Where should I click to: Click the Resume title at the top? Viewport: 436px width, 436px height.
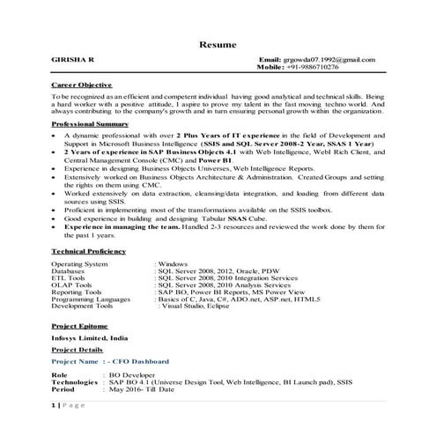217,44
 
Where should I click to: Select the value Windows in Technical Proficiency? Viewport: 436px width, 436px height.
174,264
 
